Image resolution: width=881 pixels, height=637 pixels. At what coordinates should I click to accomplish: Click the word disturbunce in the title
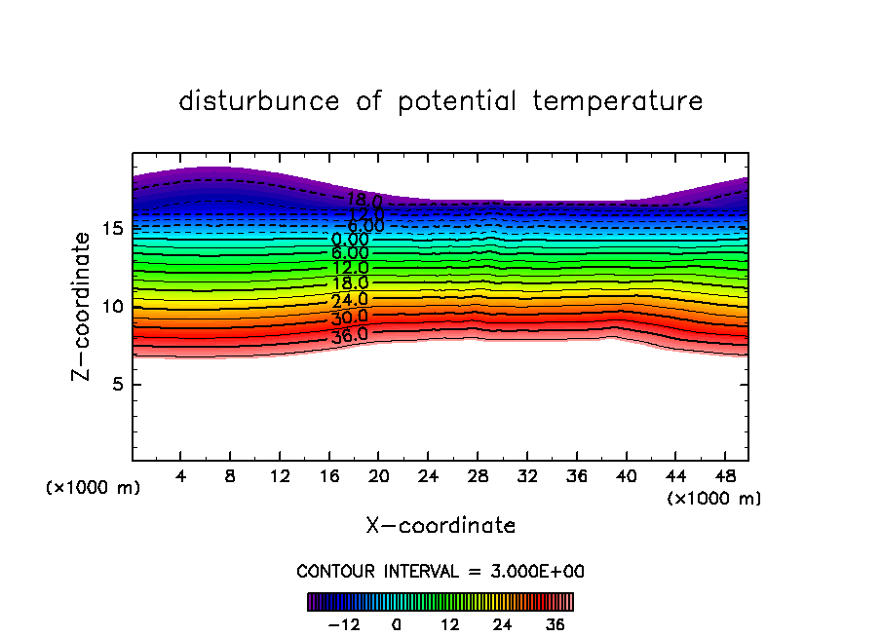click(x=259, y=101)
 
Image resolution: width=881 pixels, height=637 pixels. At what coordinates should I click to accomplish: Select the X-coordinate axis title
click(x=440, y=526)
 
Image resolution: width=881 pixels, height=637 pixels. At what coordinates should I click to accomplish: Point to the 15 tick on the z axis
click(x=112, y=229)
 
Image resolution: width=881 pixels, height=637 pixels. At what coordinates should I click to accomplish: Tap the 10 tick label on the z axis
click(x=112, y=307)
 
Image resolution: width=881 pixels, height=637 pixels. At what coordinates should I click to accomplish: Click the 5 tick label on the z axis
click(x=118, y=385)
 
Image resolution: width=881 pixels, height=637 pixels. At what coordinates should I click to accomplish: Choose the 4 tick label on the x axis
click(x=181, y=477)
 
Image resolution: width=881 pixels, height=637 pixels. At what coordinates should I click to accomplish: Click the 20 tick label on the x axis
click(x=378, y=477)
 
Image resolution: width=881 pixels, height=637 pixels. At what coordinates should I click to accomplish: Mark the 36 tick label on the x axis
click(x=576, y=477)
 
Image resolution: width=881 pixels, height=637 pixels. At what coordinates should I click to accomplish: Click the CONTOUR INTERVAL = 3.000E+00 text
click(x=440, y=572)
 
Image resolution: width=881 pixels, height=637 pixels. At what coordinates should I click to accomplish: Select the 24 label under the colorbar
click(x=502, y=624)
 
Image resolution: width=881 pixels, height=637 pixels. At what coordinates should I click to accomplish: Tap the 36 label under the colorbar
click(x=555, y=624)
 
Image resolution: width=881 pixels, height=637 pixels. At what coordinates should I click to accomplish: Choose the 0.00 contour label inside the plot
click(x=350, y=240)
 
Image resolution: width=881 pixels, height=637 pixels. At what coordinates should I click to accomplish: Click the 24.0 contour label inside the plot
click(x=350, y=300)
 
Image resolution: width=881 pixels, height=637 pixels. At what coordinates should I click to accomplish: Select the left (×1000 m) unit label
click(x=94, y=488)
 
